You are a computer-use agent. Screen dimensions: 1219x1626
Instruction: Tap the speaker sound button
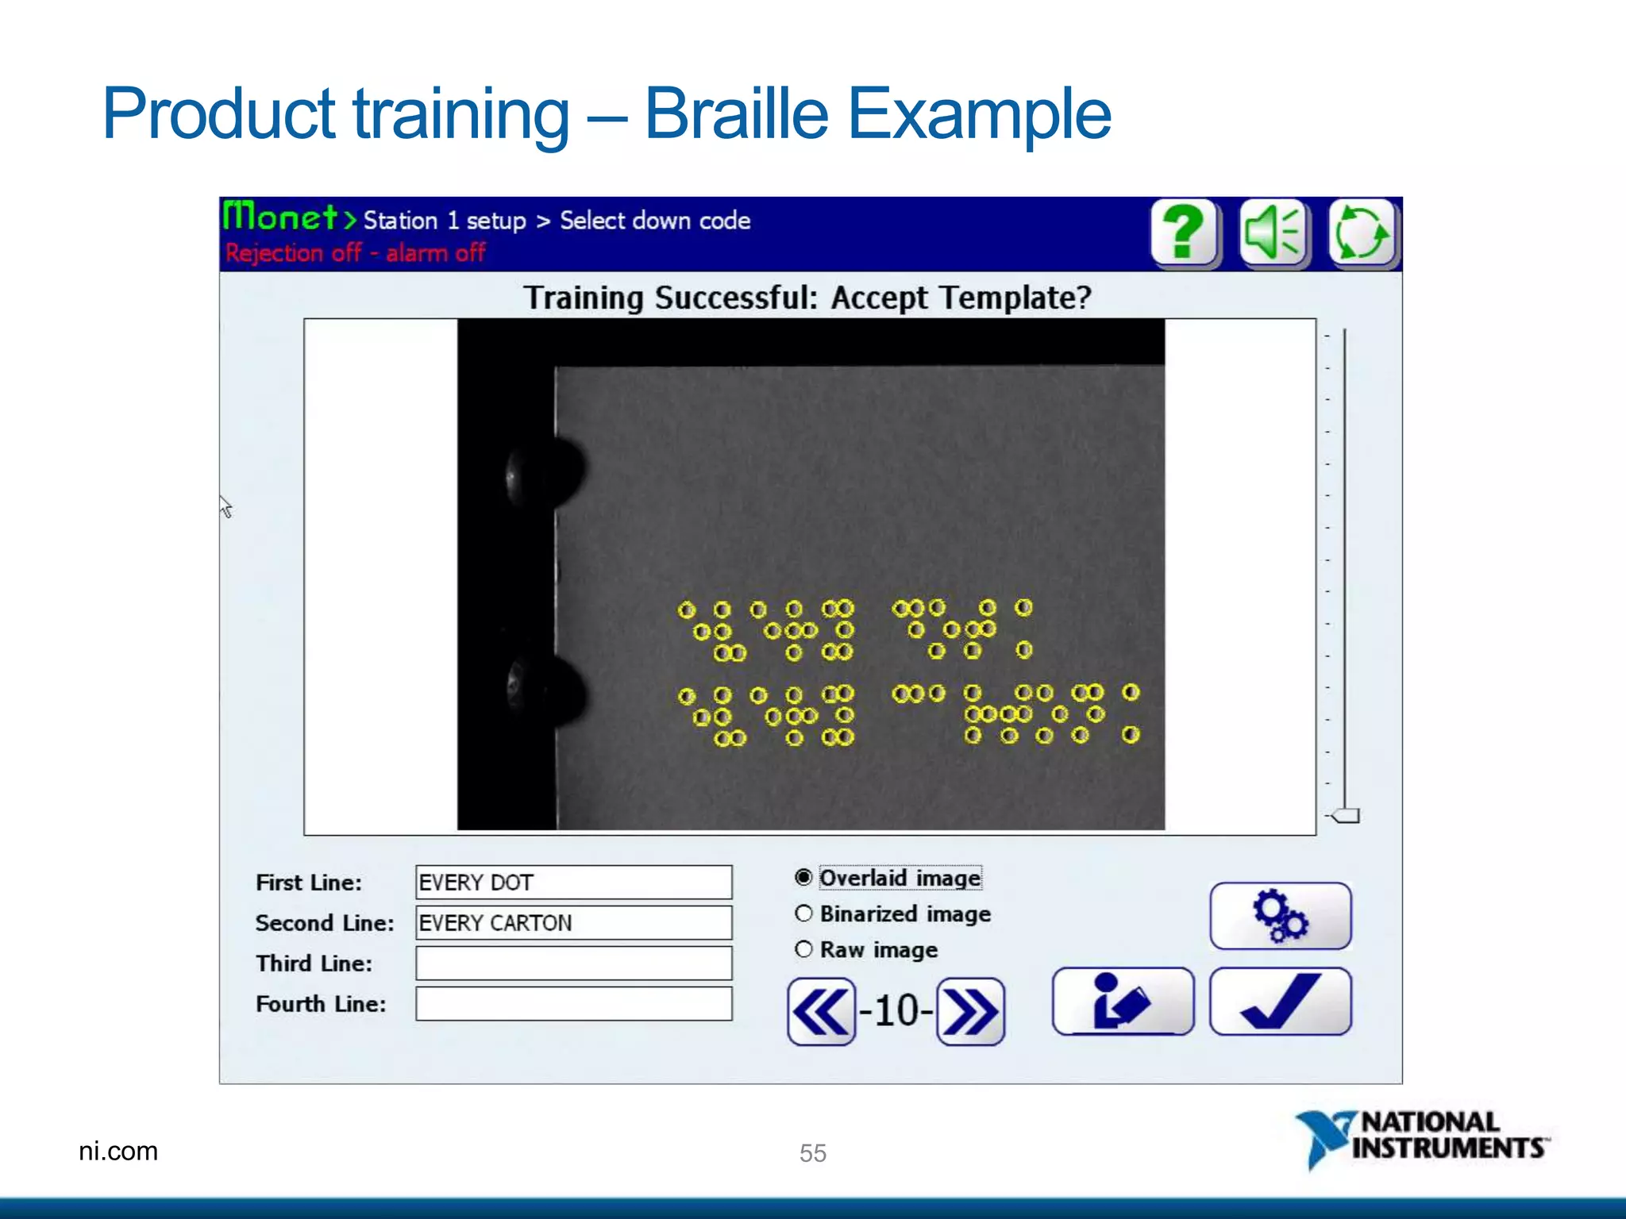(1273, 233)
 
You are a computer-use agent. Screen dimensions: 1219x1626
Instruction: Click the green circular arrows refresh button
(1361, 233)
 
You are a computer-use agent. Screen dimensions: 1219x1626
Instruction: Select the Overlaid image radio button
(803, 877)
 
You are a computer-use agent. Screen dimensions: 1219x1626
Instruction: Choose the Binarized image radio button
(803, 913)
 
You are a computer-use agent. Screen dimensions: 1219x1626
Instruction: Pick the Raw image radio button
(803, 949)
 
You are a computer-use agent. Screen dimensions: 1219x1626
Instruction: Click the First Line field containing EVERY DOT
(573, 883)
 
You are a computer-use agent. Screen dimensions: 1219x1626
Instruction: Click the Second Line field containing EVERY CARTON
(573, 923)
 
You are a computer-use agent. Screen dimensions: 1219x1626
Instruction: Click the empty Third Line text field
(573, 963)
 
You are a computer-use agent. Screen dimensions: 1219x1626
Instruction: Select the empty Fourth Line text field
(573, 1004)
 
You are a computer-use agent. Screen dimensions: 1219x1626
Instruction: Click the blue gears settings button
(1280, 916)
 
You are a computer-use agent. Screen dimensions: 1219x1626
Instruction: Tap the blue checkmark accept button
(1280, 1002)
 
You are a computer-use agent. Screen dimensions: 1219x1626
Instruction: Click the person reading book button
(1123, 1002)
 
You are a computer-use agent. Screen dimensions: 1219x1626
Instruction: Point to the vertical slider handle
(1346, 816)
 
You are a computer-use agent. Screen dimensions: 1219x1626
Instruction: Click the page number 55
(813, 1152)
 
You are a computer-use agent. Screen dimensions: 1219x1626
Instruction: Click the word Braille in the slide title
(736, 114)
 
